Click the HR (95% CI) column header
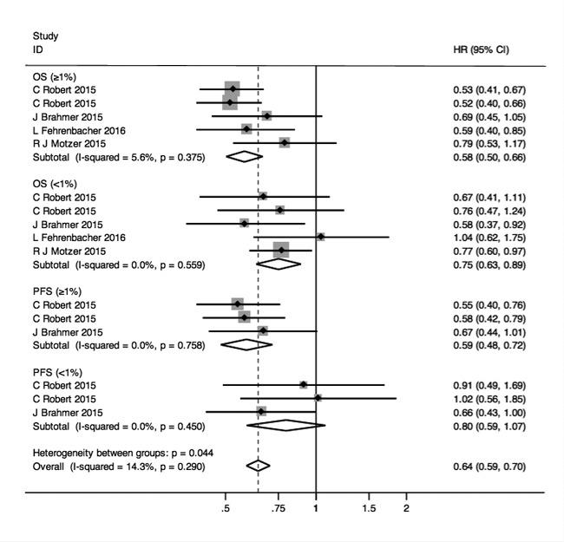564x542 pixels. pyautogui.click(x=481, y=49)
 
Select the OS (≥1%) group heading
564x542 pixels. pyautogui.click(x=53, y=76)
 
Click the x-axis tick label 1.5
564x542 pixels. pyautogui.click(x=369, y=508)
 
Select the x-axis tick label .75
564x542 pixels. pyautogui.click(x=278, y=508)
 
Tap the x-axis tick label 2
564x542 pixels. pyautogui.click(x=405, y=508)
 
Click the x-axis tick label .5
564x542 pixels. pyautogui.click(x=226, y=508)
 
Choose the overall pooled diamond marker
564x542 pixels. pyautogui.click(x=258, y=466)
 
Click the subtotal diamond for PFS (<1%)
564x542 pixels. pyautogui.click(x=285, y=426)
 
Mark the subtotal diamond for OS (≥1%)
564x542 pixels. pyautogui.click(x=244, y=156)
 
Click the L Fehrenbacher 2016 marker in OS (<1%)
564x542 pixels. pyautogui.click(x=320, y=237)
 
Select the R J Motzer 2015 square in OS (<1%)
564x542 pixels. pyautogui.click(x=280, y=251)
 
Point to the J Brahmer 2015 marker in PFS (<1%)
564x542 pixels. pyautogui.click(x=261, y=412)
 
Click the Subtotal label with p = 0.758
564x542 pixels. pyautogui.click(x=118, y=345)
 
